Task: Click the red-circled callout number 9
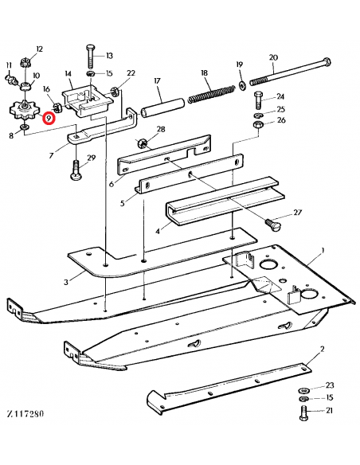click(49, 118)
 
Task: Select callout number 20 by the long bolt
click(274, 57)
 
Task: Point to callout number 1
click(322, 251)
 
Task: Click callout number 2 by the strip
click(321, 350)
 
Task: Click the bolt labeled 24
click(257, 101)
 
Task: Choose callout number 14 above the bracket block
click(69, 76)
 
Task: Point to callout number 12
click(39, 50)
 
